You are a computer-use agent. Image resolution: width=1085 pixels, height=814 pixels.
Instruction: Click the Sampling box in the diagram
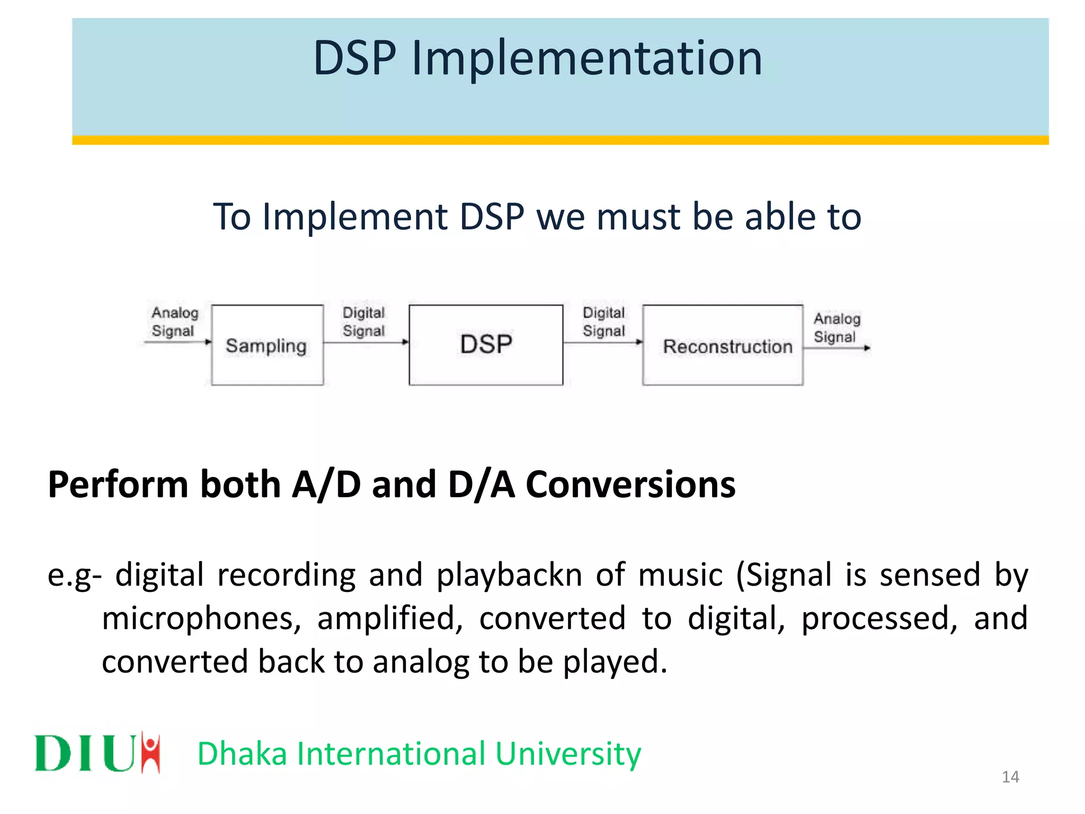pos(267,345)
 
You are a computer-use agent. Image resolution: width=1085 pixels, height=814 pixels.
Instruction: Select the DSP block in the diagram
pos(485,344)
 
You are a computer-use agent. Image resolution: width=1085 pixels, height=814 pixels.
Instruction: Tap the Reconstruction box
pos(723,345)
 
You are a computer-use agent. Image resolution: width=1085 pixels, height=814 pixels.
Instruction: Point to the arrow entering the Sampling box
pos(177,342)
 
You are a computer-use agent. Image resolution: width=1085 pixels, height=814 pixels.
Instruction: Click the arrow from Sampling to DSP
pos(366,342)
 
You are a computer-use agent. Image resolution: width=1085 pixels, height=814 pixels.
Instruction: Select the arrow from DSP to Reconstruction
pos(603,342)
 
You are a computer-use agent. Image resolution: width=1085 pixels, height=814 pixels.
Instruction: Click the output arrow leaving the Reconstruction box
pos(837,348)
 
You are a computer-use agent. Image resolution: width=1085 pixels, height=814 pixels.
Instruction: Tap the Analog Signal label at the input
pos(174,321)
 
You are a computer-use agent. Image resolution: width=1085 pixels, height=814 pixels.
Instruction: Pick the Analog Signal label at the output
pos(837,327)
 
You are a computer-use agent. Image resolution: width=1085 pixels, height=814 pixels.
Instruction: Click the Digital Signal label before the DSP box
pos(363,321)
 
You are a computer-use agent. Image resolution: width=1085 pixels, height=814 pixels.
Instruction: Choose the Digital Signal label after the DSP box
pos(603,321)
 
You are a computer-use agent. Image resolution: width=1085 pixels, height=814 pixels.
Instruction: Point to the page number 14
pos(1010,777)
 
